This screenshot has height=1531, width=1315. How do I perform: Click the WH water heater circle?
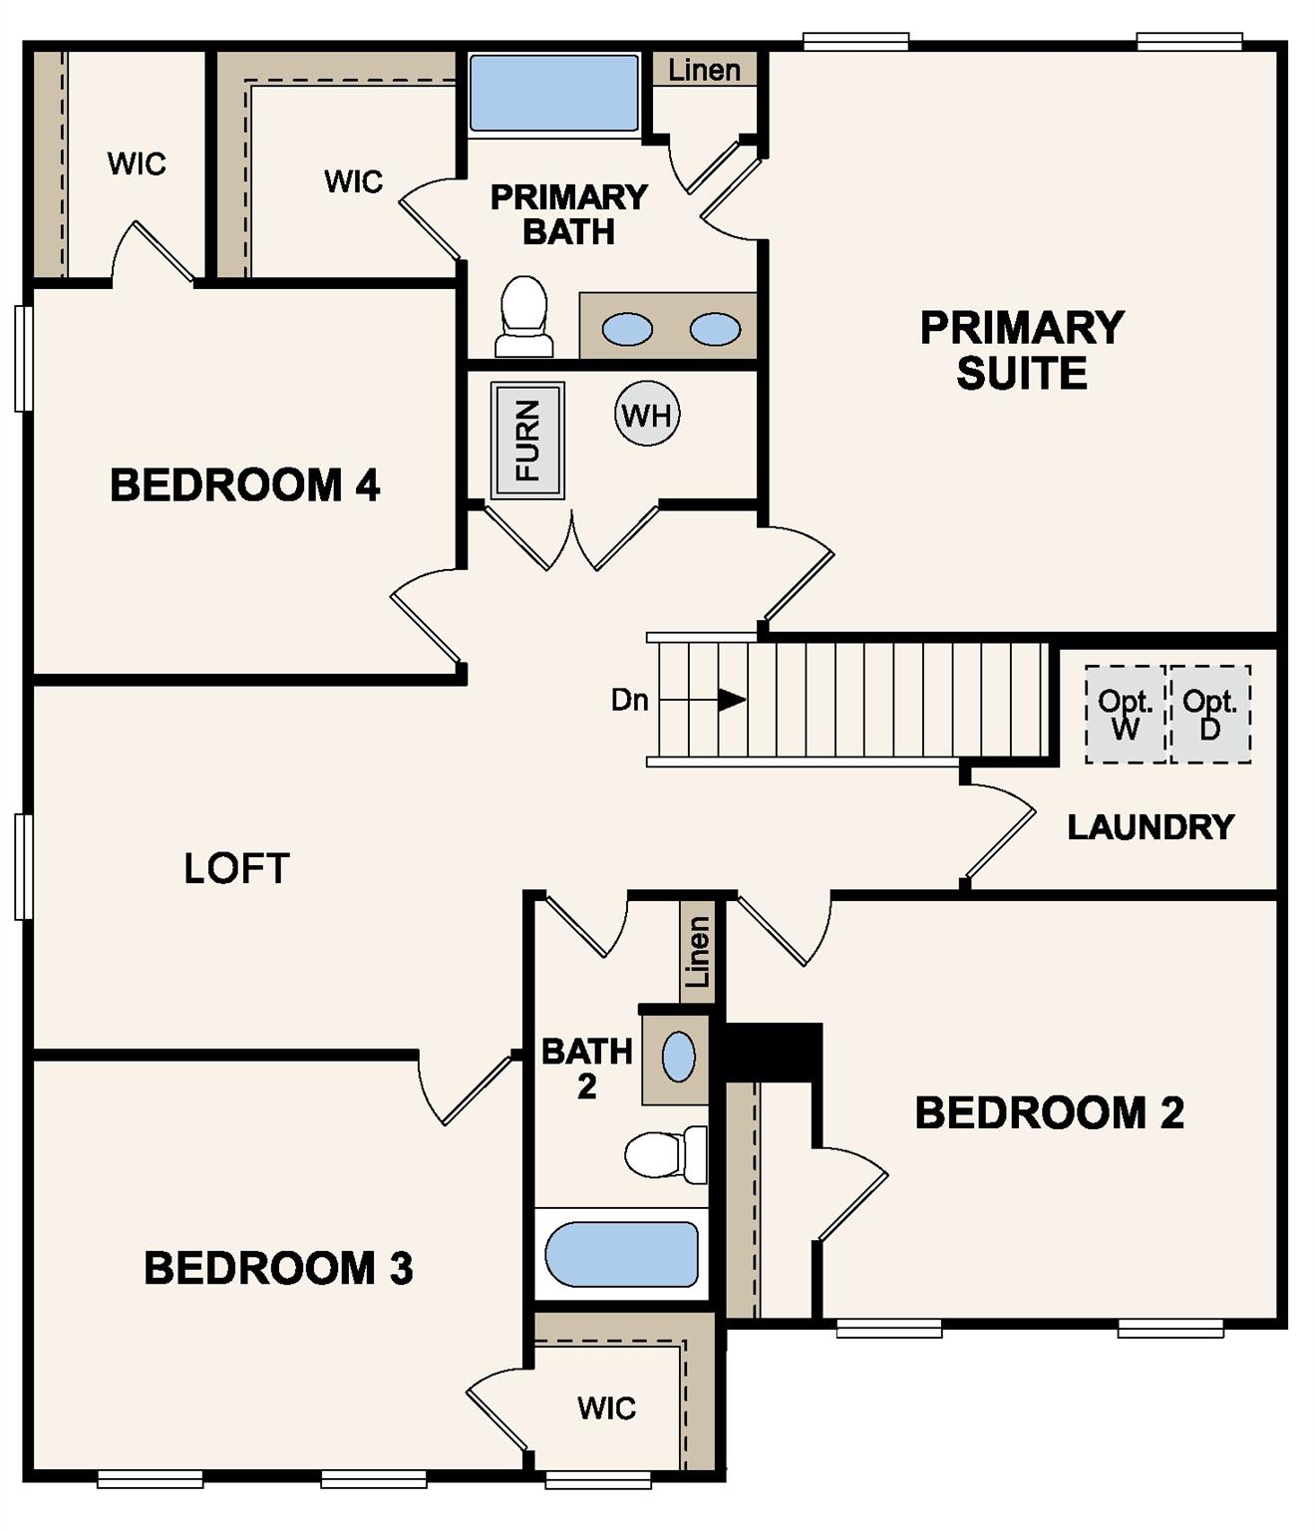pos(647,414)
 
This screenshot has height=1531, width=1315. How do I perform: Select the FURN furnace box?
pos(527,440)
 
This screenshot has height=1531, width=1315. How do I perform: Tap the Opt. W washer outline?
pos(1126,715)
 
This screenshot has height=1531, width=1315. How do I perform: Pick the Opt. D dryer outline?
pos(1210,715)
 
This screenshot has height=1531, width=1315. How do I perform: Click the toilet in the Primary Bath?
pos(524,314)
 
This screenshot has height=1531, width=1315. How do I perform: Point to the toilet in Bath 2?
pos(664,1154)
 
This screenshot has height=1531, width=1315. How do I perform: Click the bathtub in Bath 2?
pos(621,1254)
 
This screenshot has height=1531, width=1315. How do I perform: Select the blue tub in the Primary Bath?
pos(553,93)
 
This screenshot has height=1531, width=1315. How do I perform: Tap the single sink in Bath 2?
pos(678,1057)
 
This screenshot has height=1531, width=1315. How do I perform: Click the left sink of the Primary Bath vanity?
pos(627,328)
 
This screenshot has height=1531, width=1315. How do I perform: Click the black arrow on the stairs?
pos(732,700)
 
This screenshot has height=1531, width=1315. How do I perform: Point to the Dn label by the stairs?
pos(629,700)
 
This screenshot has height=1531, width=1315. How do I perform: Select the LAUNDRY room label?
pos(1151,826)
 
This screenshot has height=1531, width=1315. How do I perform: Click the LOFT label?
pos(236,868)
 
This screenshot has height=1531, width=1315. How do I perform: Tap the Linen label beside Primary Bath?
pos(704,70)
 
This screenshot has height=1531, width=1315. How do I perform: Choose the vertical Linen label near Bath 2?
pos(698,951)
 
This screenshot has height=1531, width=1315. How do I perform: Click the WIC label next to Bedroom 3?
pos(606,1407)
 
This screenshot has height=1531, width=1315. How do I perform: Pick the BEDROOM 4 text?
pos(244,485)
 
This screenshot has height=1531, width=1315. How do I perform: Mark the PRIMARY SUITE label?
pos(1022,350)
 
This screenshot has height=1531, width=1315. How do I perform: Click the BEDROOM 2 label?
pos(1050,1112)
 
